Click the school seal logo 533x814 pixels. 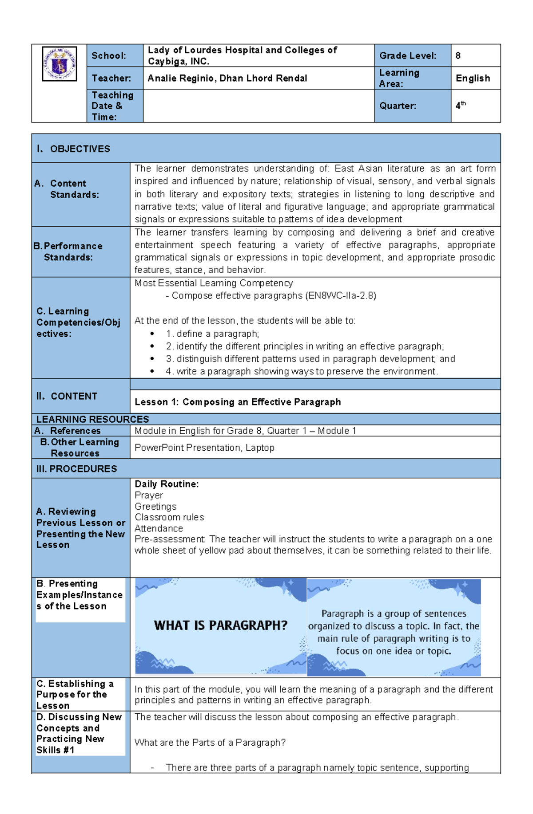pyautogui.click(x=60, y=64)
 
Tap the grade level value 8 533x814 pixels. pyautogui.click(x=458, y=56)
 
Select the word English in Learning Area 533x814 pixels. pyautogui.click(x=473, y=79)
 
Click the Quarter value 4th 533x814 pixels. pyautogui.click(x=460, y=106)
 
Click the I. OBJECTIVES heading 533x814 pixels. pyautogui.click(x=74, y=149)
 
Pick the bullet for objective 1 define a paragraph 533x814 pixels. pyautogui.click(x=152, y=334)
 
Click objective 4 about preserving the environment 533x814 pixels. pyautogui.click(x=302, y=371)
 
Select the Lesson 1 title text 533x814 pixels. pyautogui.click(x=238, y=402)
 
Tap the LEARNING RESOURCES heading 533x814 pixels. pyautogui.click(x=92, y=419)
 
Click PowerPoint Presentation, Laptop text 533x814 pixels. pyautogui.click(x=204, y=448)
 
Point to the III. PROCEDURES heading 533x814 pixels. pyautogui.click(x=76, y=469)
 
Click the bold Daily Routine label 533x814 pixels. pyautogui.click(x=167, y=484)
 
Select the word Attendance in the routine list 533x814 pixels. pyautogui.click(x=159, y=528)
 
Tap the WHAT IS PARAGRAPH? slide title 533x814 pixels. pyautogui.click(x=221, y=625)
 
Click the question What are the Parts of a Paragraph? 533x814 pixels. pyautogui.click(x=210, y=743)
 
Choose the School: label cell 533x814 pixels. pyautogui.click(x=109, y=56)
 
